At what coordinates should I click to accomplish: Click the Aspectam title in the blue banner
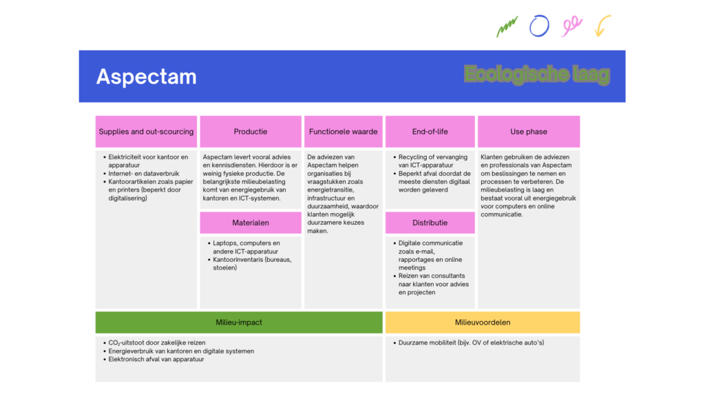pyautogui.click(x=146, y=77)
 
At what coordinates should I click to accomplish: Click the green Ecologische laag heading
pyautogui.click(x=536, y=74)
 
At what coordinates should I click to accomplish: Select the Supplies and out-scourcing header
pyautogui.click(x=146, y=132)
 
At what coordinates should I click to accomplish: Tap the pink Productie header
pyautogui.click(x=251, y=132)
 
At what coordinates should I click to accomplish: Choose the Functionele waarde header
pyautogui.click(x=343, y=132)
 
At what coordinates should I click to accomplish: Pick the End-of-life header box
pyautogui.click(x=430, y=132)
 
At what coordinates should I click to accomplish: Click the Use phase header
pyautogui.click(x=528, y=132)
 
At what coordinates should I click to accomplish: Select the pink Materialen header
pyautogui.click(x=251, y=223)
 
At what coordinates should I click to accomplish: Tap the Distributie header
pyautogui.click(x=430, y=223)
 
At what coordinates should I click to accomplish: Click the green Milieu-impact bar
pyautogui.click(x=239, y=323)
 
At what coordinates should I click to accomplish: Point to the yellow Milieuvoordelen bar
pyautogui.click(x=482, y=323)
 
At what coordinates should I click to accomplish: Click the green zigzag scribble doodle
pyautogui.click(x=507, y=28)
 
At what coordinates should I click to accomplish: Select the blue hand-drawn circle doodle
pyautogui.click(x=539, y=26)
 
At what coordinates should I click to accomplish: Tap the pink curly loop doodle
pyautogui.click(x=571, y=26)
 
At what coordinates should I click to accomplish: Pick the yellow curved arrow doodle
pyautogui.click(x=602, y=26)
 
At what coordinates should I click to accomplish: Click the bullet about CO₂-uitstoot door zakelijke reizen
pyautogui.click(x=156, y=343)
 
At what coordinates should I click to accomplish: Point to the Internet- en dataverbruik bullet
pyautogui.click(x=143, y=174)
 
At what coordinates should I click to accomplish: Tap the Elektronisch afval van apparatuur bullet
pyautogui.click(x=156, y=359)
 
